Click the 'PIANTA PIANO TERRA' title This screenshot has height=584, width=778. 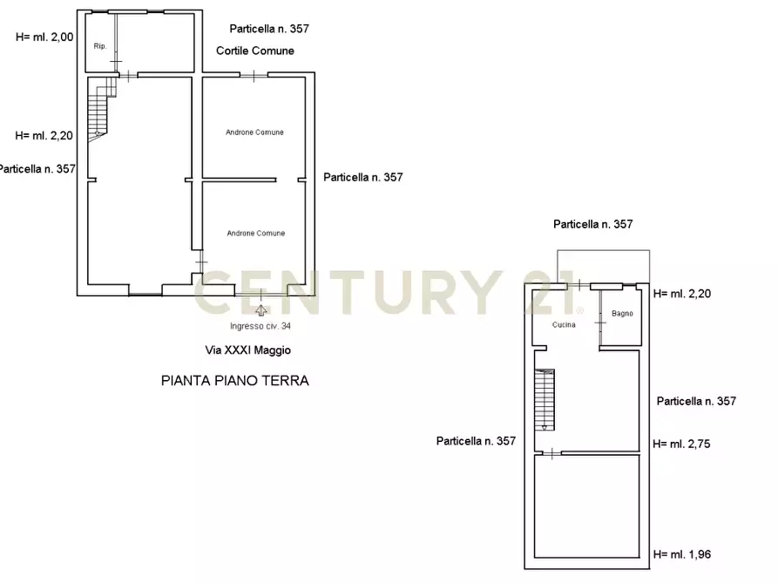[235, 381]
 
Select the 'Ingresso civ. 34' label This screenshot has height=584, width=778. [260, 327]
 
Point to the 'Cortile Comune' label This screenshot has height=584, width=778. [255, 51]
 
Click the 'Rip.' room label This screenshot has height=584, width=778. [99, 46]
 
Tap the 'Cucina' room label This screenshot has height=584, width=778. [564, 325]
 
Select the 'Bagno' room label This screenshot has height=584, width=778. [622, 314]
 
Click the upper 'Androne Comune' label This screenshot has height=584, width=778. [254, 132]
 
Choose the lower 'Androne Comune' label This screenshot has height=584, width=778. [255, 234]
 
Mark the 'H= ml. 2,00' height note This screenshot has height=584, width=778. [45, 37]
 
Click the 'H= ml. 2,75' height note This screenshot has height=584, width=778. [682, 444]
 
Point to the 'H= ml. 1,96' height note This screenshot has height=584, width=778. [682, 554]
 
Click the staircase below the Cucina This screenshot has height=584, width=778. [545, 399]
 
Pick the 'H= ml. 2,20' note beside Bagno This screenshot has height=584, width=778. [682, 294]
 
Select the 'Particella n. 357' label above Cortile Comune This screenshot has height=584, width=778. [269, 29]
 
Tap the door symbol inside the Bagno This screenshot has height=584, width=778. [600, 323]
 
